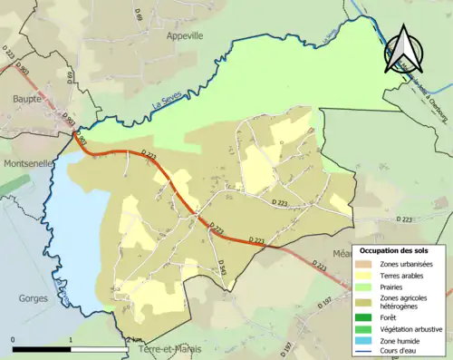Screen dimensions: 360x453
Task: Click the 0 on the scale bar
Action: tap(14, 340)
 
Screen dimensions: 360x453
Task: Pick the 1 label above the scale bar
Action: tap(72, 340)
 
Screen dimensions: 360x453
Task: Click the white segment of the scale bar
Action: tap(101, 348)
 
